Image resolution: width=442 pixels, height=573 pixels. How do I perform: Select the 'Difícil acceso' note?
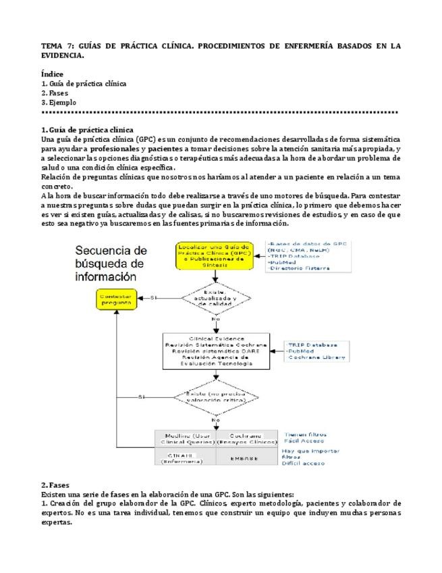coord(304,464)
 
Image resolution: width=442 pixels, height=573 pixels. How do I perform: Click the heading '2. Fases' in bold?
coord(55,485)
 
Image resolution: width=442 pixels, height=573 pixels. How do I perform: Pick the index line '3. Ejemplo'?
coord(58,103)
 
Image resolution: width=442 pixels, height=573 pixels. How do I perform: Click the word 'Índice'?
coord(53,73)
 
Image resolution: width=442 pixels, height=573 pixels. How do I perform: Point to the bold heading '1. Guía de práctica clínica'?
coord(87,130)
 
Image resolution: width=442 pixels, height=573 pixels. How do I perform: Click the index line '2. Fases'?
coord(55,93)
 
